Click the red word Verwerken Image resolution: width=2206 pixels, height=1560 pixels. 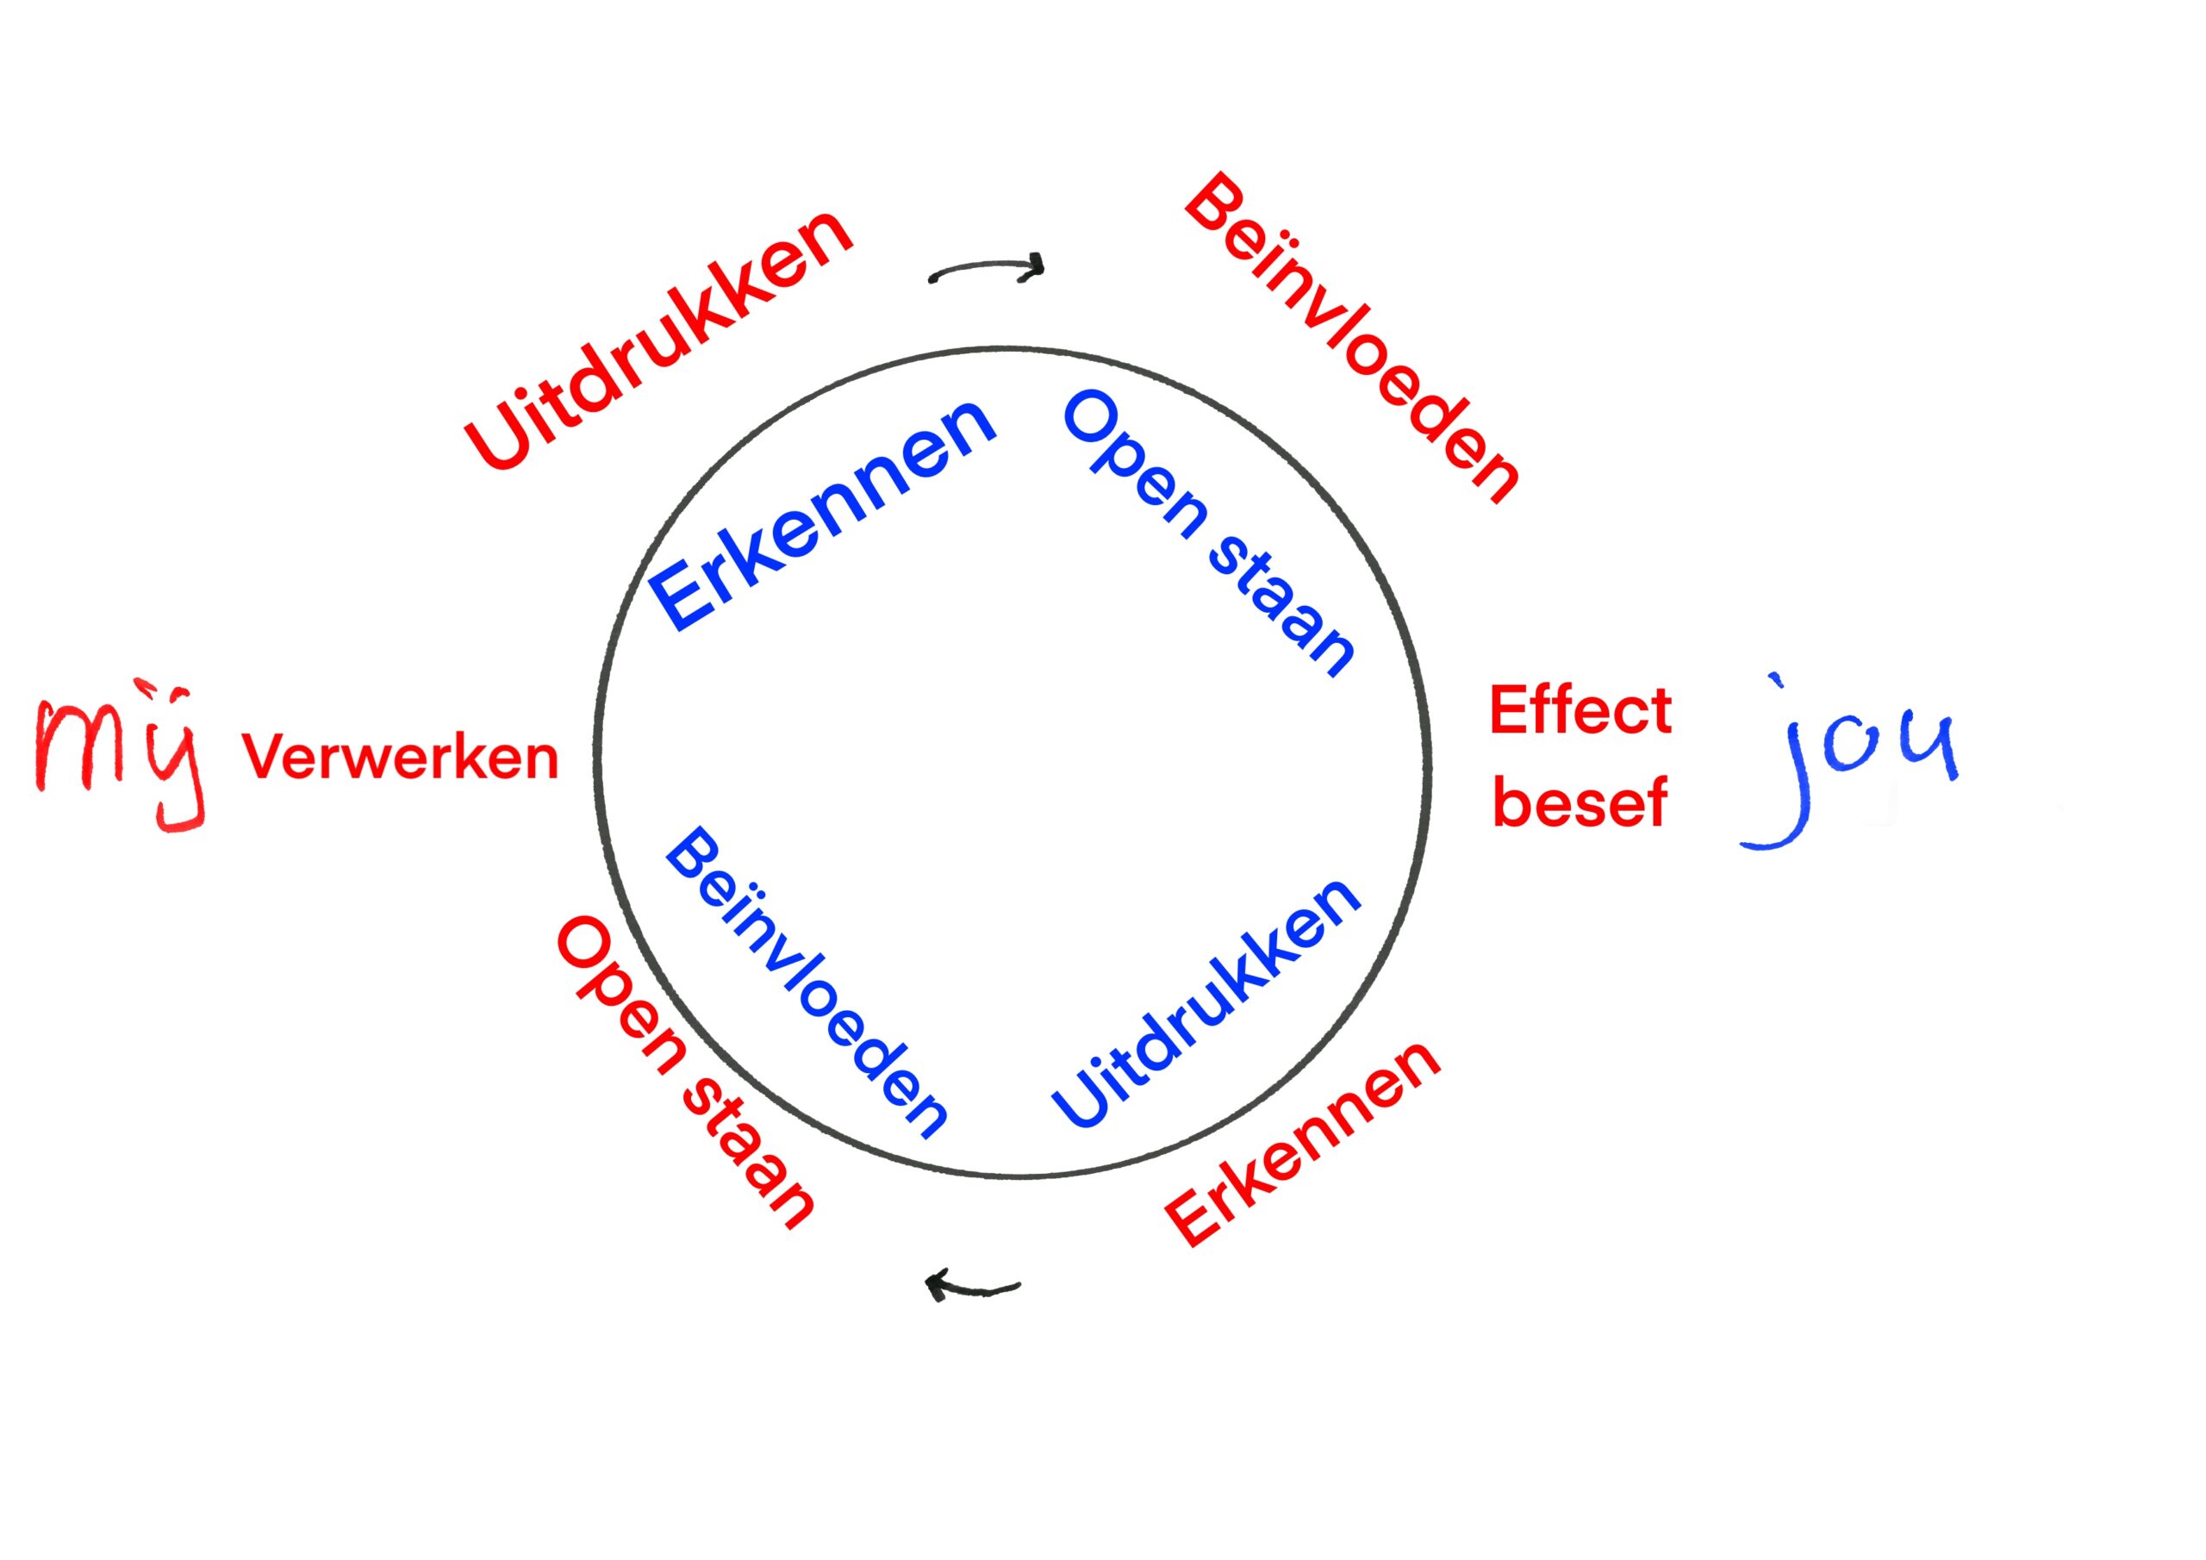click(x=400, y=758)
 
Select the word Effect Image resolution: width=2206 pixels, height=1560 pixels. click(x=1580, y=711)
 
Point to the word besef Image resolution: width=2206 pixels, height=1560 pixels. click(x=1580, y=802)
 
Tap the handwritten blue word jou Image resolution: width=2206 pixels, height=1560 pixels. click(x=1849, y=764)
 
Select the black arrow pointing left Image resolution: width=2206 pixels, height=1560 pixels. click(x=970, y=1286)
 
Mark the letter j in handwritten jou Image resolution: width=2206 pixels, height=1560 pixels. click(x=1778, y=778)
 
